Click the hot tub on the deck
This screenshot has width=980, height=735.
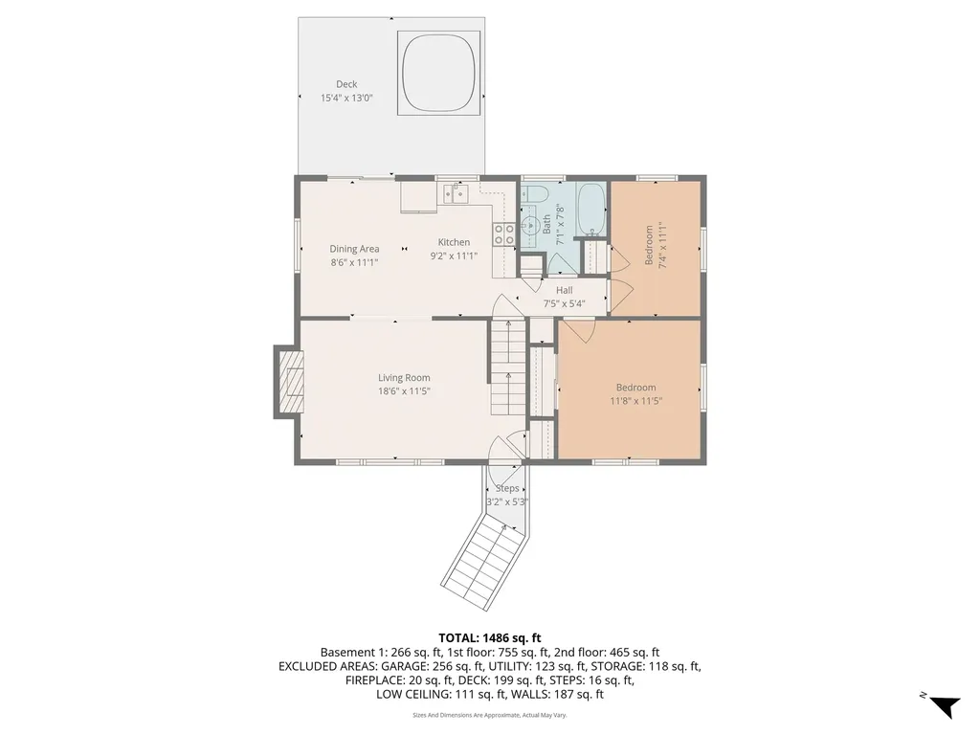[438, 74]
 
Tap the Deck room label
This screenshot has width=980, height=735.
[346, 84]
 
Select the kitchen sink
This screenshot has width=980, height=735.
[456, 193]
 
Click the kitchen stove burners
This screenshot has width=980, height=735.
[504, 234]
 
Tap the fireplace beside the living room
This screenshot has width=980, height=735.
[289, 381]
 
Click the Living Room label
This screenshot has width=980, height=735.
[404, 377]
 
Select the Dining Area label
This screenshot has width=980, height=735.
[354, 249]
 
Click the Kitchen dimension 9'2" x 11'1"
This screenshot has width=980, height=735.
[454, 256]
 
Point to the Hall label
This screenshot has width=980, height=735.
[564, 290]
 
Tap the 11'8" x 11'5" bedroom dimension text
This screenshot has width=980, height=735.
[635, 401]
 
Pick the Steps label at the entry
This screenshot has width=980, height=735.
[507, 489]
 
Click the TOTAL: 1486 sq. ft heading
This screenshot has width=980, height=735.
[489, 638]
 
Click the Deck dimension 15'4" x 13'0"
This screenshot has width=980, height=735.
[346, 98]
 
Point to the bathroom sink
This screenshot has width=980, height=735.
[530, 225]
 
